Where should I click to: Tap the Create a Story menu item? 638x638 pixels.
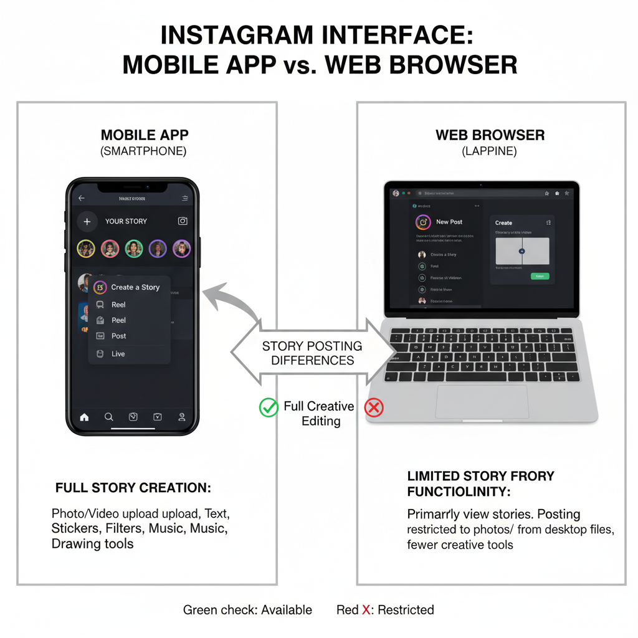(x=134, y=287)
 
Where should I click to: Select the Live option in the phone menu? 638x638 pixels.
(x=118, y=354)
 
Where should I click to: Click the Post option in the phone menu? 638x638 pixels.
(x=118, y=336)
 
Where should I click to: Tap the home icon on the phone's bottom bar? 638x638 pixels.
(x=84, y=417)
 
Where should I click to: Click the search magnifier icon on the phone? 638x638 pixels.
(x=108, y=417)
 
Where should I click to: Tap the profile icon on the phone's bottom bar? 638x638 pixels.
(x=182, y=417)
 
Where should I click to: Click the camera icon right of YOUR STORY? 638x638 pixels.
(x=183, y=221)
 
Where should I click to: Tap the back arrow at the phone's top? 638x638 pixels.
(x=82, y=198)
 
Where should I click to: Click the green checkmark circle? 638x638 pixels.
(x=269, y=407)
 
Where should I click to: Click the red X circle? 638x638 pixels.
(x=374, y=408)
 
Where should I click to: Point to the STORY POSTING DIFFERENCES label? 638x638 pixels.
(x=312, y=353)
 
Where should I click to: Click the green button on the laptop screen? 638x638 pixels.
(x=540, y=276)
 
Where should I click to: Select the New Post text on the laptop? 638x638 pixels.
(x=449, y=222)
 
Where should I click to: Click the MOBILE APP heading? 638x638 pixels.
(x=145, y=135)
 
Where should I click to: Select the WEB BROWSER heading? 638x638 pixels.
(x=490, y=135)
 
